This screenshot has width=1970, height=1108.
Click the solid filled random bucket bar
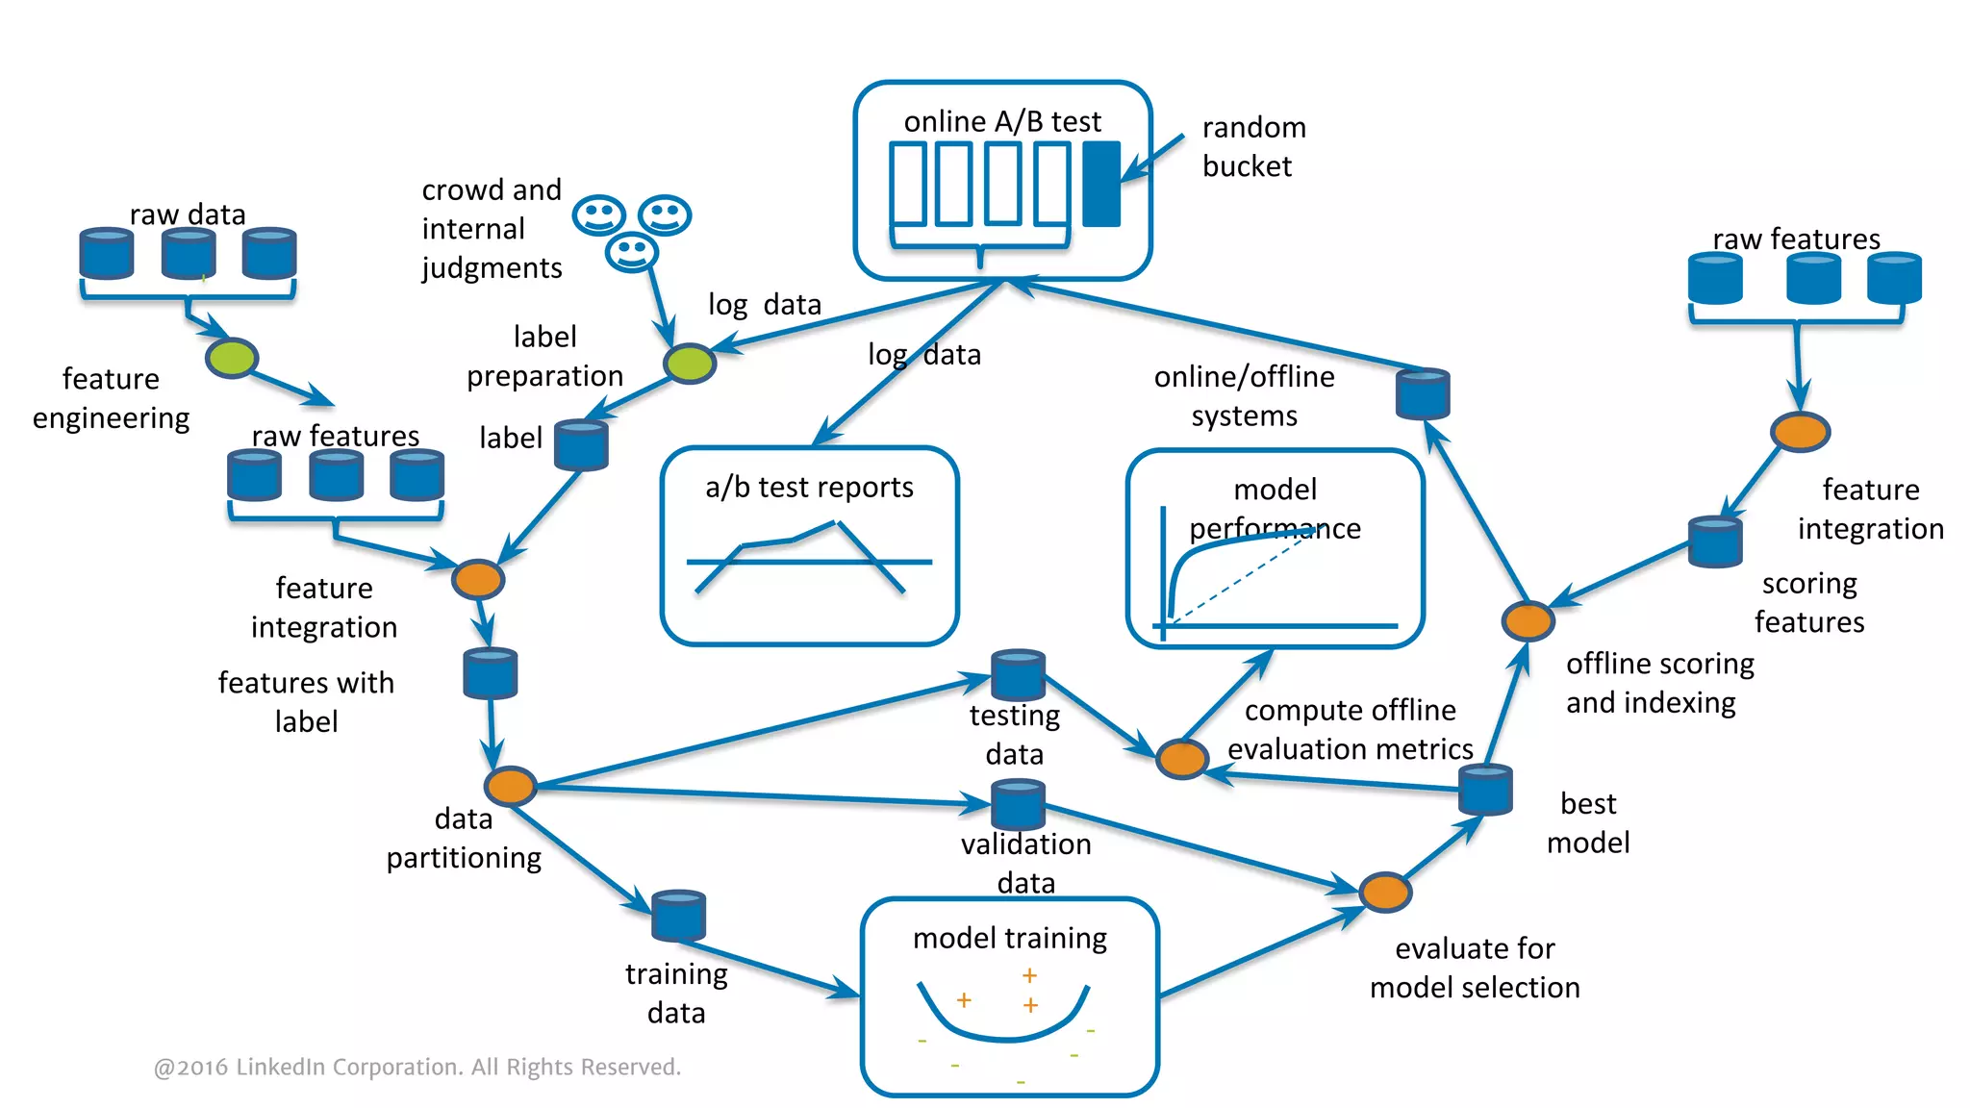[1101, 184]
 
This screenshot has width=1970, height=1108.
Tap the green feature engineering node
[232, 358]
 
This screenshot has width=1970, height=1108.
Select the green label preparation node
[690, 364]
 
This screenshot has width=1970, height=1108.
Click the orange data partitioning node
[511, 786]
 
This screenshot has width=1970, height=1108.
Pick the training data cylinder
[678, 915]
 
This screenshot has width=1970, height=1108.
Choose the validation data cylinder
[1018, 805]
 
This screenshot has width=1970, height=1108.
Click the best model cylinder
[1485, 790]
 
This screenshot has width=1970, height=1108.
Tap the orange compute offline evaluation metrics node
[1181, 759]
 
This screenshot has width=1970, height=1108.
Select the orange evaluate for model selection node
[1385, 892]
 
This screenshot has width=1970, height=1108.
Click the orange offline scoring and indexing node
[1528, 620]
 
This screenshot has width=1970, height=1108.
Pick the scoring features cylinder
[1715, 541]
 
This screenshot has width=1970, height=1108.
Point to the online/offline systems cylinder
[1423, 393]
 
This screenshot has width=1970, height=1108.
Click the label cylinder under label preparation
[581, 444]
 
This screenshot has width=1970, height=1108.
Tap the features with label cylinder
[491, 673]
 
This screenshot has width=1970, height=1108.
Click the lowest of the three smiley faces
[631, 252]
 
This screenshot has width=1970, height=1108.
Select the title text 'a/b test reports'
[809, 488]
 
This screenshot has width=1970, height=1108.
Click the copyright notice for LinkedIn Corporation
[417, 1067]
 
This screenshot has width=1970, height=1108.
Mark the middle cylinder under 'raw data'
[189, 253]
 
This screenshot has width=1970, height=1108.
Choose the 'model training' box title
[1009, 938]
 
